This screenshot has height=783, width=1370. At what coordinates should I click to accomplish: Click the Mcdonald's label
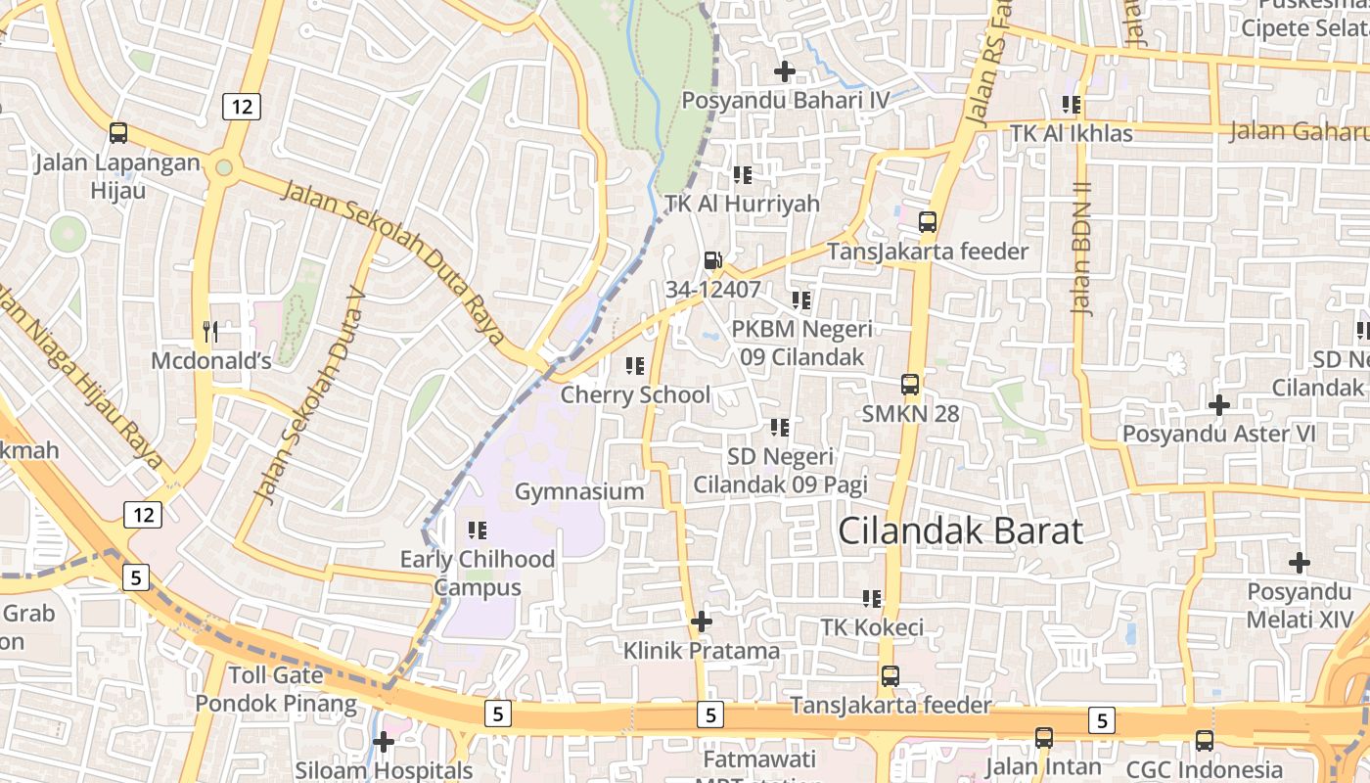click(210, 361)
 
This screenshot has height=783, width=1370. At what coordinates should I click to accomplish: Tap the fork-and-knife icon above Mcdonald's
click(209, 331)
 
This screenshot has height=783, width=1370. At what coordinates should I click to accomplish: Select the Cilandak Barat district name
click(960, 530)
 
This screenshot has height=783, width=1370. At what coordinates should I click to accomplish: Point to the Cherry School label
click(635, 394)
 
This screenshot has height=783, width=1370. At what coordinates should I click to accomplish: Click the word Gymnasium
click(579, 491)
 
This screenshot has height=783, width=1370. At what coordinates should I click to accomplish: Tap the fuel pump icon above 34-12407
click(712, 260)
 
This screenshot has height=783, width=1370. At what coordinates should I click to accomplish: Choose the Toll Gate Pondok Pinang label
click(276, 689)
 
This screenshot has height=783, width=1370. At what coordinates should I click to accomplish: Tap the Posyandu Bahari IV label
click(786, 100)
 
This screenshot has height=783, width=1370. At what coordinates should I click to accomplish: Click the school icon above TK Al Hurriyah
click(743, 175)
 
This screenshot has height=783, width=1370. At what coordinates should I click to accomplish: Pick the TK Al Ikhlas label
click(1072, 133)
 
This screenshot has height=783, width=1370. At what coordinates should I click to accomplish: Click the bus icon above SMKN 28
click(910, 385)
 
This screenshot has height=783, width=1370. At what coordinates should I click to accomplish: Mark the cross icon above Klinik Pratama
click(702, 622)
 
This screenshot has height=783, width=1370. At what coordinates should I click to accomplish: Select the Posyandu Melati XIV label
click(1300, 606)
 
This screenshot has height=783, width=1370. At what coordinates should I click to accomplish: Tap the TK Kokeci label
click(872, 627)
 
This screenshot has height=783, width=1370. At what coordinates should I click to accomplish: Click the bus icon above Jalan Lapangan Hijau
click(118, 133)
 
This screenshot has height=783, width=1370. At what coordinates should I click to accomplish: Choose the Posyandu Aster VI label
click(1218, 434)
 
